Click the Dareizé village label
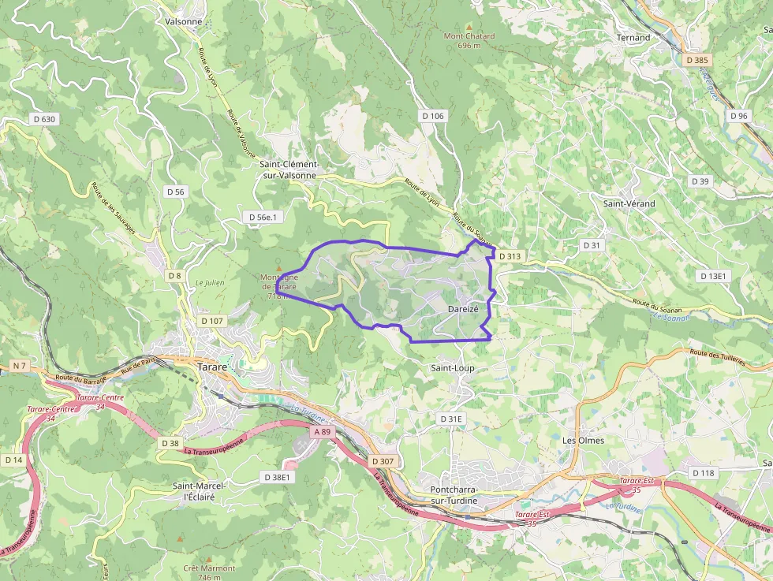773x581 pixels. pyautogui.click(x=463, y=309)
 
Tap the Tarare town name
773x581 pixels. pyautogui.click(x=212, y=367)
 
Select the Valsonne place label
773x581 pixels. pyautogui.click(x=184, y=21)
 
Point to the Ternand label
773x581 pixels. pyautogui.click(x=633, y=37)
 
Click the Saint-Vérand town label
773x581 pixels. pyautogui.click(x=629, y=203)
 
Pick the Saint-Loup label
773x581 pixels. pyautogui.click(x=453, y=368)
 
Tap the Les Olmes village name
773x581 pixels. pyautogui.click(x=583, y=440)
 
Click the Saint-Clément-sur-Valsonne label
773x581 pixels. pyautogui.click(x=289, y=169)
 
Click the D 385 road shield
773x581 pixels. pyautogui.click(x=697, y=60)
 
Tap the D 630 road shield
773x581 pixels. pyautogui.click(x=44, y=119)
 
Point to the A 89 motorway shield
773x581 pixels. pyautogui.click(x=321, y=432)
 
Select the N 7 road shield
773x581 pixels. pyautogui.click(x=20, y=366)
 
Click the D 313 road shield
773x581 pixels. pyautogui.click(x=510, y=256)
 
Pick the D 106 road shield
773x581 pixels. pyautogui.click(x=433, y=116)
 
